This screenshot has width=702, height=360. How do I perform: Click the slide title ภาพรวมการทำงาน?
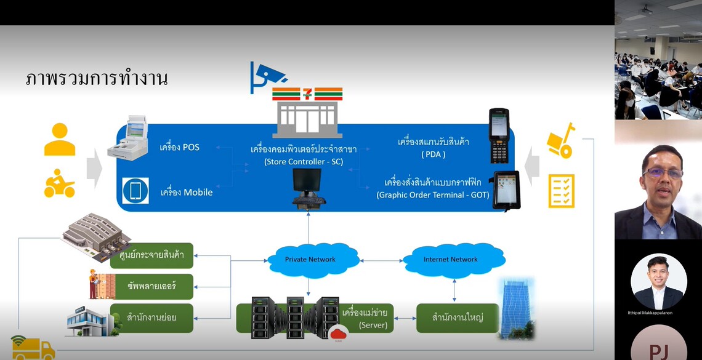tap(97, 79)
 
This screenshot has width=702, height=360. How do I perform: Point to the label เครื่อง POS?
tap(179, 147)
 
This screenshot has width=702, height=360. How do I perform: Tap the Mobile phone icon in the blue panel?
tap(135, 191)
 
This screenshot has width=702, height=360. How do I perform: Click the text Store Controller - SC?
tap(304, 162)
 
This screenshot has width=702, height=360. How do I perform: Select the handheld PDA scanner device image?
tap(498, 135)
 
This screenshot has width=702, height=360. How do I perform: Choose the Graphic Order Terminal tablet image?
tap(506, 190)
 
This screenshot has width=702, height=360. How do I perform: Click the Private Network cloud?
tap(310, 259)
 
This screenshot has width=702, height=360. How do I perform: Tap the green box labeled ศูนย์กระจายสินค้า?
tap(151, 255)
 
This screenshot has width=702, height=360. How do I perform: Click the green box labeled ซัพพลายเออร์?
tap(151, 286)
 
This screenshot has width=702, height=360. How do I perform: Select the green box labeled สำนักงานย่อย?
tap(151, 317)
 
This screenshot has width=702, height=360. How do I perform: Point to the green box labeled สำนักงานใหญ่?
tap(457, 318)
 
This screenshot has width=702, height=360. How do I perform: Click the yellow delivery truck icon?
tap(33, 348)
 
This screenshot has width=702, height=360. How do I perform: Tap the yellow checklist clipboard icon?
tap(561, 191)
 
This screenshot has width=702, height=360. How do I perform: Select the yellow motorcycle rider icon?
tap(60, 184)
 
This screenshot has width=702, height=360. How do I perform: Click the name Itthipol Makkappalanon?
tap(658, 313)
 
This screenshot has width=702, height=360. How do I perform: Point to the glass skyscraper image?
tap(517, 308)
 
